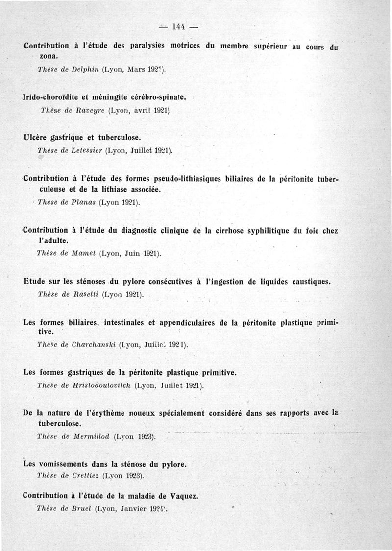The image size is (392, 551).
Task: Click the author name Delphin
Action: pos(86,70)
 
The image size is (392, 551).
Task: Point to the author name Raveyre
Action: pos(89,111)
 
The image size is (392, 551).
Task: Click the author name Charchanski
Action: pos(93,344)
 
